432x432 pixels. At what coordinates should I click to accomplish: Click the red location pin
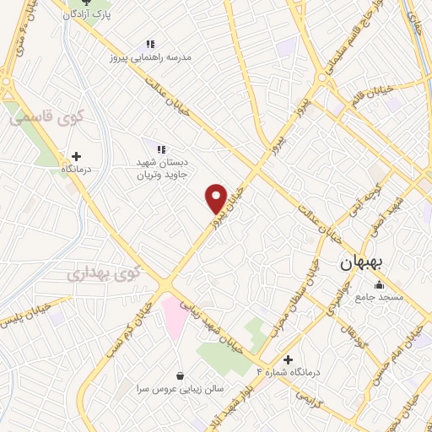coord(217,198)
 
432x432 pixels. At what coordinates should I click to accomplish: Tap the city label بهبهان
coord(363,263)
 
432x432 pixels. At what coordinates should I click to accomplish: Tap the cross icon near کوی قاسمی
coord(77,156)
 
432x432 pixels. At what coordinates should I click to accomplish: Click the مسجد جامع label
coord(379,297)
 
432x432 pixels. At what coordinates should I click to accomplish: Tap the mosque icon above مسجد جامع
coord(379,284)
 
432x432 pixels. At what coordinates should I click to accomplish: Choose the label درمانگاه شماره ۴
coord(289,372)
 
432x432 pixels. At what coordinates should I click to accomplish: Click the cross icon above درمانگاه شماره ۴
coord(289,359)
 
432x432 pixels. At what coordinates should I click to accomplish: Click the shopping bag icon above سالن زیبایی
coord(180,375)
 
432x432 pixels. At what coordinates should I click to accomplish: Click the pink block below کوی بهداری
coord(174,316)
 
